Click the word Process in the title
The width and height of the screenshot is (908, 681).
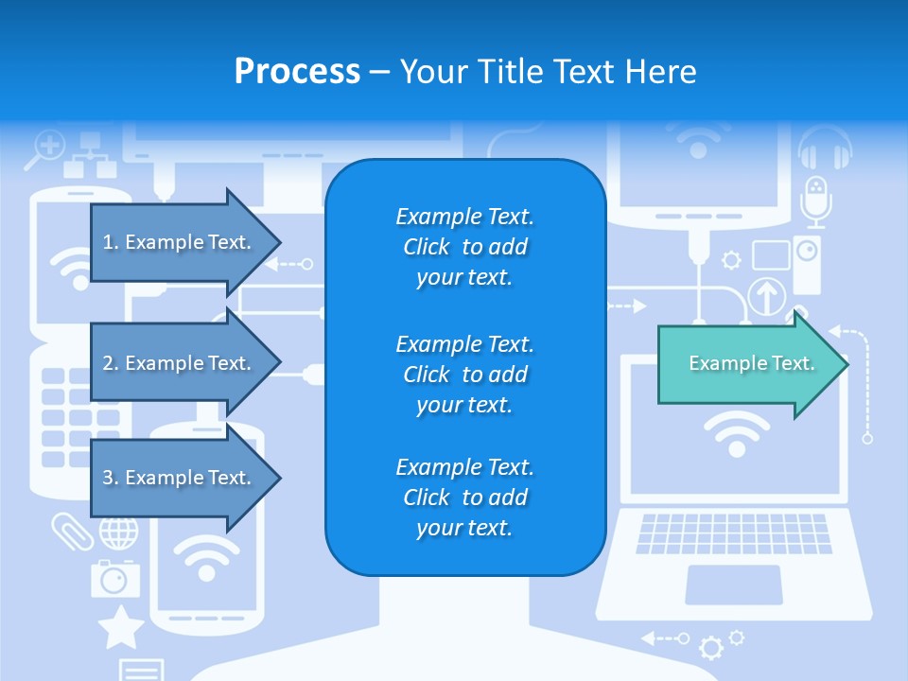pos(297,72)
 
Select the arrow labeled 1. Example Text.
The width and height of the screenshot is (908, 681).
pos(180,242)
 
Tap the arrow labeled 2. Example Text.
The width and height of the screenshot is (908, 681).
pos(180,363)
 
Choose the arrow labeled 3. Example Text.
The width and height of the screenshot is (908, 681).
pos(180,478)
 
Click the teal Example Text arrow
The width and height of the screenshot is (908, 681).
pos(747,363)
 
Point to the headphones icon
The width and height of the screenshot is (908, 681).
pos(825,148)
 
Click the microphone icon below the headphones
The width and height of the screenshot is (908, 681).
pos(814,201)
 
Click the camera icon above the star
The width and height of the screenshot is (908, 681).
pos(114,576)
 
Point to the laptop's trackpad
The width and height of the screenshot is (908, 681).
pos(733,585)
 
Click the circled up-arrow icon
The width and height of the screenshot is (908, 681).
pos(767,296)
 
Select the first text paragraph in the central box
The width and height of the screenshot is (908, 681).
pos(464,247)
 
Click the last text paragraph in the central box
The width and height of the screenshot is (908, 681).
pos(464,498)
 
